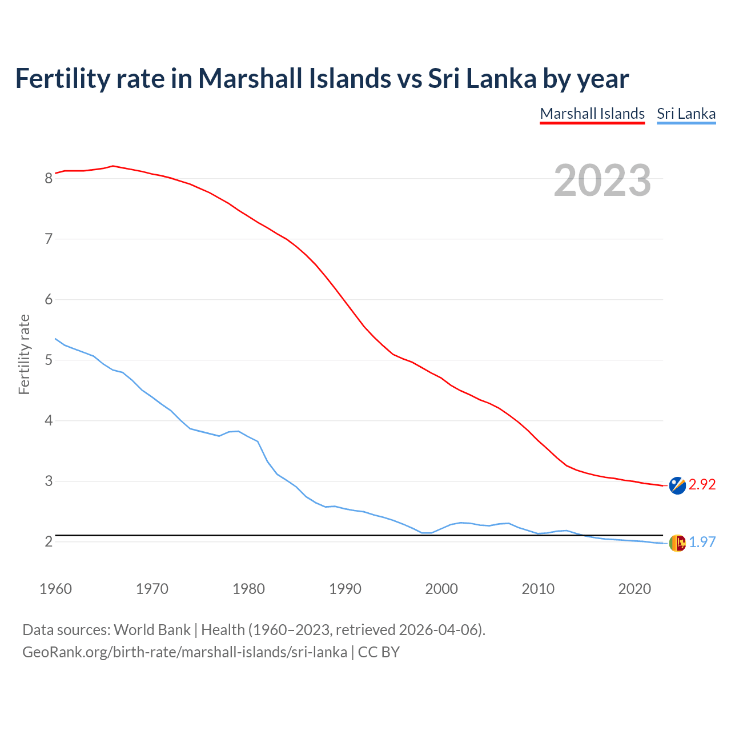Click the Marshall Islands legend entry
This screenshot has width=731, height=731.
coord(592,114)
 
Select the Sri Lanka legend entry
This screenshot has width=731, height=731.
coord(686,114)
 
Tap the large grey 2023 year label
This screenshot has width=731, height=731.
coord(602,180)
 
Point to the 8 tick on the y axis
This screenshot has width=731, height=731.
coord(49,178)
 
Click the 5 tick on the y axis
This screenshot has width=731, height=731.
coord(49,360)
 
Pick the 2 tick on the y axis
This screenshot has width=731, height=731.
coord(49,541)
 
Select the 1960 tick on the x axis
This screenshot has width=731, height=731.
coord(55,589)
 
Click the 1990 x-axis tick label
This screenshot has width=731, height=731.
coord(345,589)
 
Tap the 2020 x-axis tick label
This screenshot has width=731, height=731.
coord(634,589)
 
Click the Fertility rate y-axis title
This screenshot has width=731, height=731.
coord(24,354)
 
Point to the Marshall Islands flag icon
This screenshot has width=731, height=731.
coord(677,485)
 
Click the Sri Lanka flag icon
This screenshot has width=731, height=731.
coord(677,543)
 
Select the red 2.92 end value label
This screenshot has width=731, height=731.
coord(702,484)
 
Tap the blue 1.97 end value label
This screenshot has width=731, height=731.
coord(702,542)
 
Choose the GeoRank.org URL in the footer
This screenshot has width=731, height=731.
coord(184,652)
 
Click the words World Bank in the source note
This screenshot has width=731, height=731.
coord(152,629)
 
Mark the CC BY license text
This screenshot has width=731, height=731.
coord(379,652)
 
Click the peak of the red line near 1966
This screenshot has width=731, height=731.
coord(113,166)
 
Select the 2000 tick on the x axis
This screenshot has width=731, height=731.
coord(441,589)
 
